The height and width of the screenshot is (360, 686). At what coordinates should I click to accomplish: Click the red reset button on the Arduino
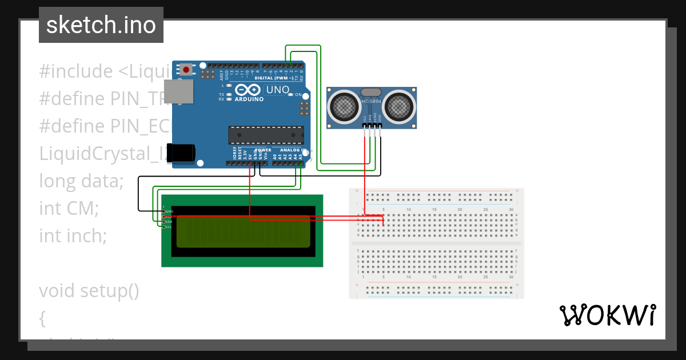186,70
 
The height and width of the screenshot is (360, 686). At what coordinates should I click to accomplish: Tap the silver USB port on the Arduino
178,91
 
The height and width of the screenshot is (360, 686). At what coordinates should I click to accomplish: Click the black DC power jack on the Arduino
184,154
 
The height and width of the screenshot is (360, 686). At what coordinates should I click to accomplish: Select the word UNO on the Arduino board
277,90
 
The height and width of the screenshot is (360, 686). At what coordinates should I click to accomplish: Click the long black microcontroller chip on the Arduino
266,135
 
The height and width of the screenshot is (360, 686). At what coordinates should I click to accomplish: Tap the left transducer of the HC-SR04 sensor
344,106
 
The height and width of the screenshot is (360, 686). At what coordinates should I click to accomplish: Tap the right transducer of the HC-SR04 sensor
398,106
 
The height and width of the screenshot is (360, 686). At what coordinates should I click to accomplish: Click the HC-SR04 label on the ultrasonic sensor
371,101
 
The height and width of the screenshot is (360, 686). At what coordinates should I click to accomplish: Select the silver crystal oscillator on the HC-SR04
370,91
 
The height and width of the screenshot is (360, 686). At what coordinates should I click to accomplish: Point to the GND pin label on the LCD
169,211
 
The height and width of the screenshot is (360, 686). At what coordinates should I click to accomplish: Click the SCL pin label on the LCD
169,227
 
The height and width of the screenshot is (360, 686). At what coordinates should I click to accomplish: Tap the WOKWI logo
607,315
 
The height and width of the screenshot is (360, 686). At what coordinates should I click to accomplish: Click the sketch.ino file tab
101,25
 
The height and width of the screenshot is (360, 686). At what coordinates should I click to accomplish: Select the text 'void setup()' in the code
89,290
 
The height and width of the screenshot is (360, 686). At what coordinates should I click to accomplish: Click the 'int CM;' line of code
69,208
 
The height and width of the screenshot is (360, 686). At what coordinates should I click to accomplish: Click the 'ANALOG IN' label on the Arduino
291,150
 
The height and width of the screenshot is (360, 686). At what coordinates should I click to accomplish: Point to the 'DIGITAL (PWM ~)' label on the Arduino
274,78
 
